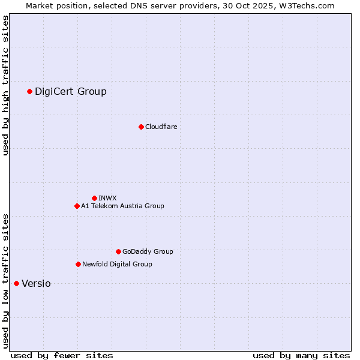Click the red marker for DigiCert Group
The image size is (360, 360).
pyautogui.click(x=29, y=91)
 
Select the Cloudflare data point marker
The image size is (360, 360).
pyautogui.click(x=141, y=127)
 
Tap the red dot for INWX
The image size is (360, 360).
pyautogui.click(x=94, y=198)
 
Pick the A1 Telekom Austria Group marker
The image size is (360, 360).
pyautogui.click(x=77, y=206)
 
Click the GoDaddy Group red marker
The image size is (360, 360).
pyautogui.click(x=118, y=251)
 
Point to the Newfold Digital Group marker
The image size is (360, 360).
pyautogui.click(x=78, y=264)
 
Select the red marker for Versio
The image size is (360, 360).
pyautogui.click(x=16, y=283)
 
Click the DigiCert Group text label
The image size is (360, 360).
pyautogui.click(x=71, y=91)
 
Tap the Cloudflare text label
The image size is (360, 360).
pyautogui.click(x=161, y=127)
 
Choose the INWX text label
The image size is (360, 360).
pyautogui.click(x=107, y=198)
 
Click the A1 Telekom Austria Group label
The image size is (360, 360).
pyautogui.click(x=122, y=206)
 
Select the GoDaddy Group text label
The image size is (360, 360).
pyautogui.click(x=148, y=251)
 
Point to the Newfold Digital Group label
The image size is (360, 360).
pyautogui.click(x=117, y=264)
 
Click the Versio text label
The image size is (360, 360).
pyautogui.click(x=36, y=283)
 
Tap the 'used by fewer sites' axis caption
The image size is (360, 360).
pyautogui.click(x=62, y=355)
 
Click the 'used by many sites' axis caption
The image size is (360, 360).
pyautogui.click(x=301, y=355)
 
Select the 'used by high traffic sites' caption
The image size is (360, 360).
pyautogui.click(x=6, y=85)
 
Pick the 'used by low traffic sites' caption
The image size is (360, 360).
pyautogui.click(x=6, y=281)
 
